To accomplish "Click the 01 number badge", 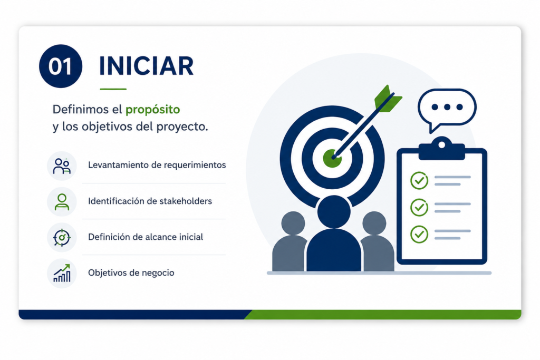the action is [x=61, y=66].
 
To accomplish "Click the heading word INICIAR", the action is [x=147, y=66].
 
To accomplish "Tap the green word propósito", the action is [x=152, y=110].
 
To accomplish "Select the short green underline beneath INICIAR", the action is [x=113, y=89].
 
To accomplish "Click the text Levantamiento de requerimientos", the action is [x=157, y=165].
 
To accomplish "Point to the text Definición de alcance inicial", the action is [x=146, y=237].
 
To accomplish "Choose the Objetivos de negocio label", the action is [x=131, y=273].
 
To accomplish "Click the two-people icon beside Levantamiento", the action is [x=62, y=166].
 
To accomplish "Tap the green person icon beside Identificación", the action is [x=62, y=202].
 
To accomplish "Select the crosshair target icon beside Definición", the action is [x=62, y=238].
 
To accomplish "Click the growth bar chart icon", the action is [x=62, y=273].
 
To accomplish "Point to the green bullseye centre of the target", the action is [x=332, y=158].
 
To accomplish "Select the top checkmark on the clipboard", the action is [x=419, y=180].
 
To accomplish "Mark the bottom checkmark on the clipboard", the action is [x=419, y=235].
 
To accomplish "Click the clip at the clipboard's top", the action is [x=441, y=148].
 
